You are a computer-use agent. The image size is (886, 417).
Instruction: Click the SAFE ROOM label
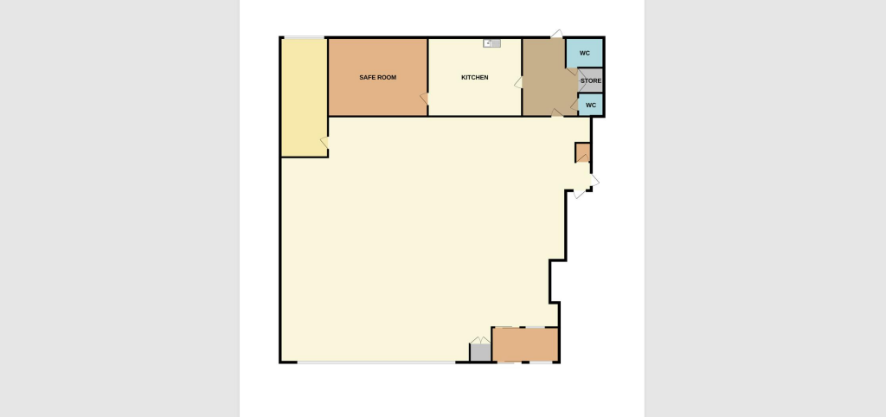[378, 78]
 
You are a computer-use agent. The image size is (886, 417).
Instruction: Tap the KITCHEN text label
[474, 78]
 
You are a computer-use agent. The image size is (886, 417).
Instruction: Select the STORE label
[591, 81]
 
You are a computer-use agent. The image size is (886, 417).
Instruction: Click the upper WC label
[585, 53]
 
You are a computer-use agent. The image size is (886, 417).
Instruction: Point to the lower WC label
[591, 105]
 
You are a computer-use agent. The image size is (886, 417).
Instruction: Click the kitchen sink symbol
[491, 42]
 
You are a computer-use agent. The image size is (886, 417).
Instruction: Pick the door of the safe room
[424, 99]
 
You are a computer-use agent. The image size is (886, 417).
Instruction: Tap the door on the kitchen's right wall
[518, 82]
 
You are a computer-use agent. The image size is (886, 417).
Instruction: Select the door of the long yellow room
[324, 142]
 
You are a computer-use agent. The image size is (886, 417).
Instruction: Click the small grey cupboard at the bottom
[480, 353]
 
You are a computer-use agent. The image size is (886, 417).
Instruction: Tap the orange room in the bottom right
[525, 344]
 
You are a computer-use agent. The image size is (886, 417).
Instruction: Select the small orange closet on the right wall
[583, 153]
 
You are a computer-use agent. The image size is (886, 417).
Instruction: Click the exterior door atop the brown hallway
[558, 35]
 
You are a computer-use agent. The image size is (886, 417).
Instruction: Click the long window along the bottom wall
[376, 362]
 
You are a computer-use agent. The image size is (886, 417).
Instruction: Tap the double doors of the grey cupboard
[479, 340]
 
